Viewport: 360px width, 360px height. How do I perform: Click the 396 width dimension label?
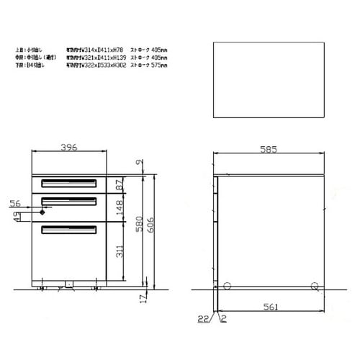point(68,148)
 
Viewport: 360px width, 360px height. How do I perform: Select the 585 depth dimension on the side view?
point(269,150)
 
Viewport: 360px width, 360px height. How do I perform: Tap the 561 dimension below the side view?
point(269,306)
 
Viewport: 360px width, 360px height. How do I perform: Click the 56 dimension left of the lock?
point(15,204)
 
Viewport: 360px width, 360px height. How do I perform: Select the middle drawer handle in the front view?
point(69,201)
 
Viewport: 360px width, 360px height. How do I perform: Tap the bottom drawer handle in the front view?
point(69,230)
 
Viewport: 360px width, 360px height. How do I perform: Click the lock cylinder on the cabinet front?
point(42,211)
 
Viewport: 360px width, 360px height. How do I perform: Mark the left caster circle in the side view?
point(227,286)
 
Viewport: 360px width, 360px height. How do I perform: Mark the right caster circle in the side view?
point(313,286)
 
